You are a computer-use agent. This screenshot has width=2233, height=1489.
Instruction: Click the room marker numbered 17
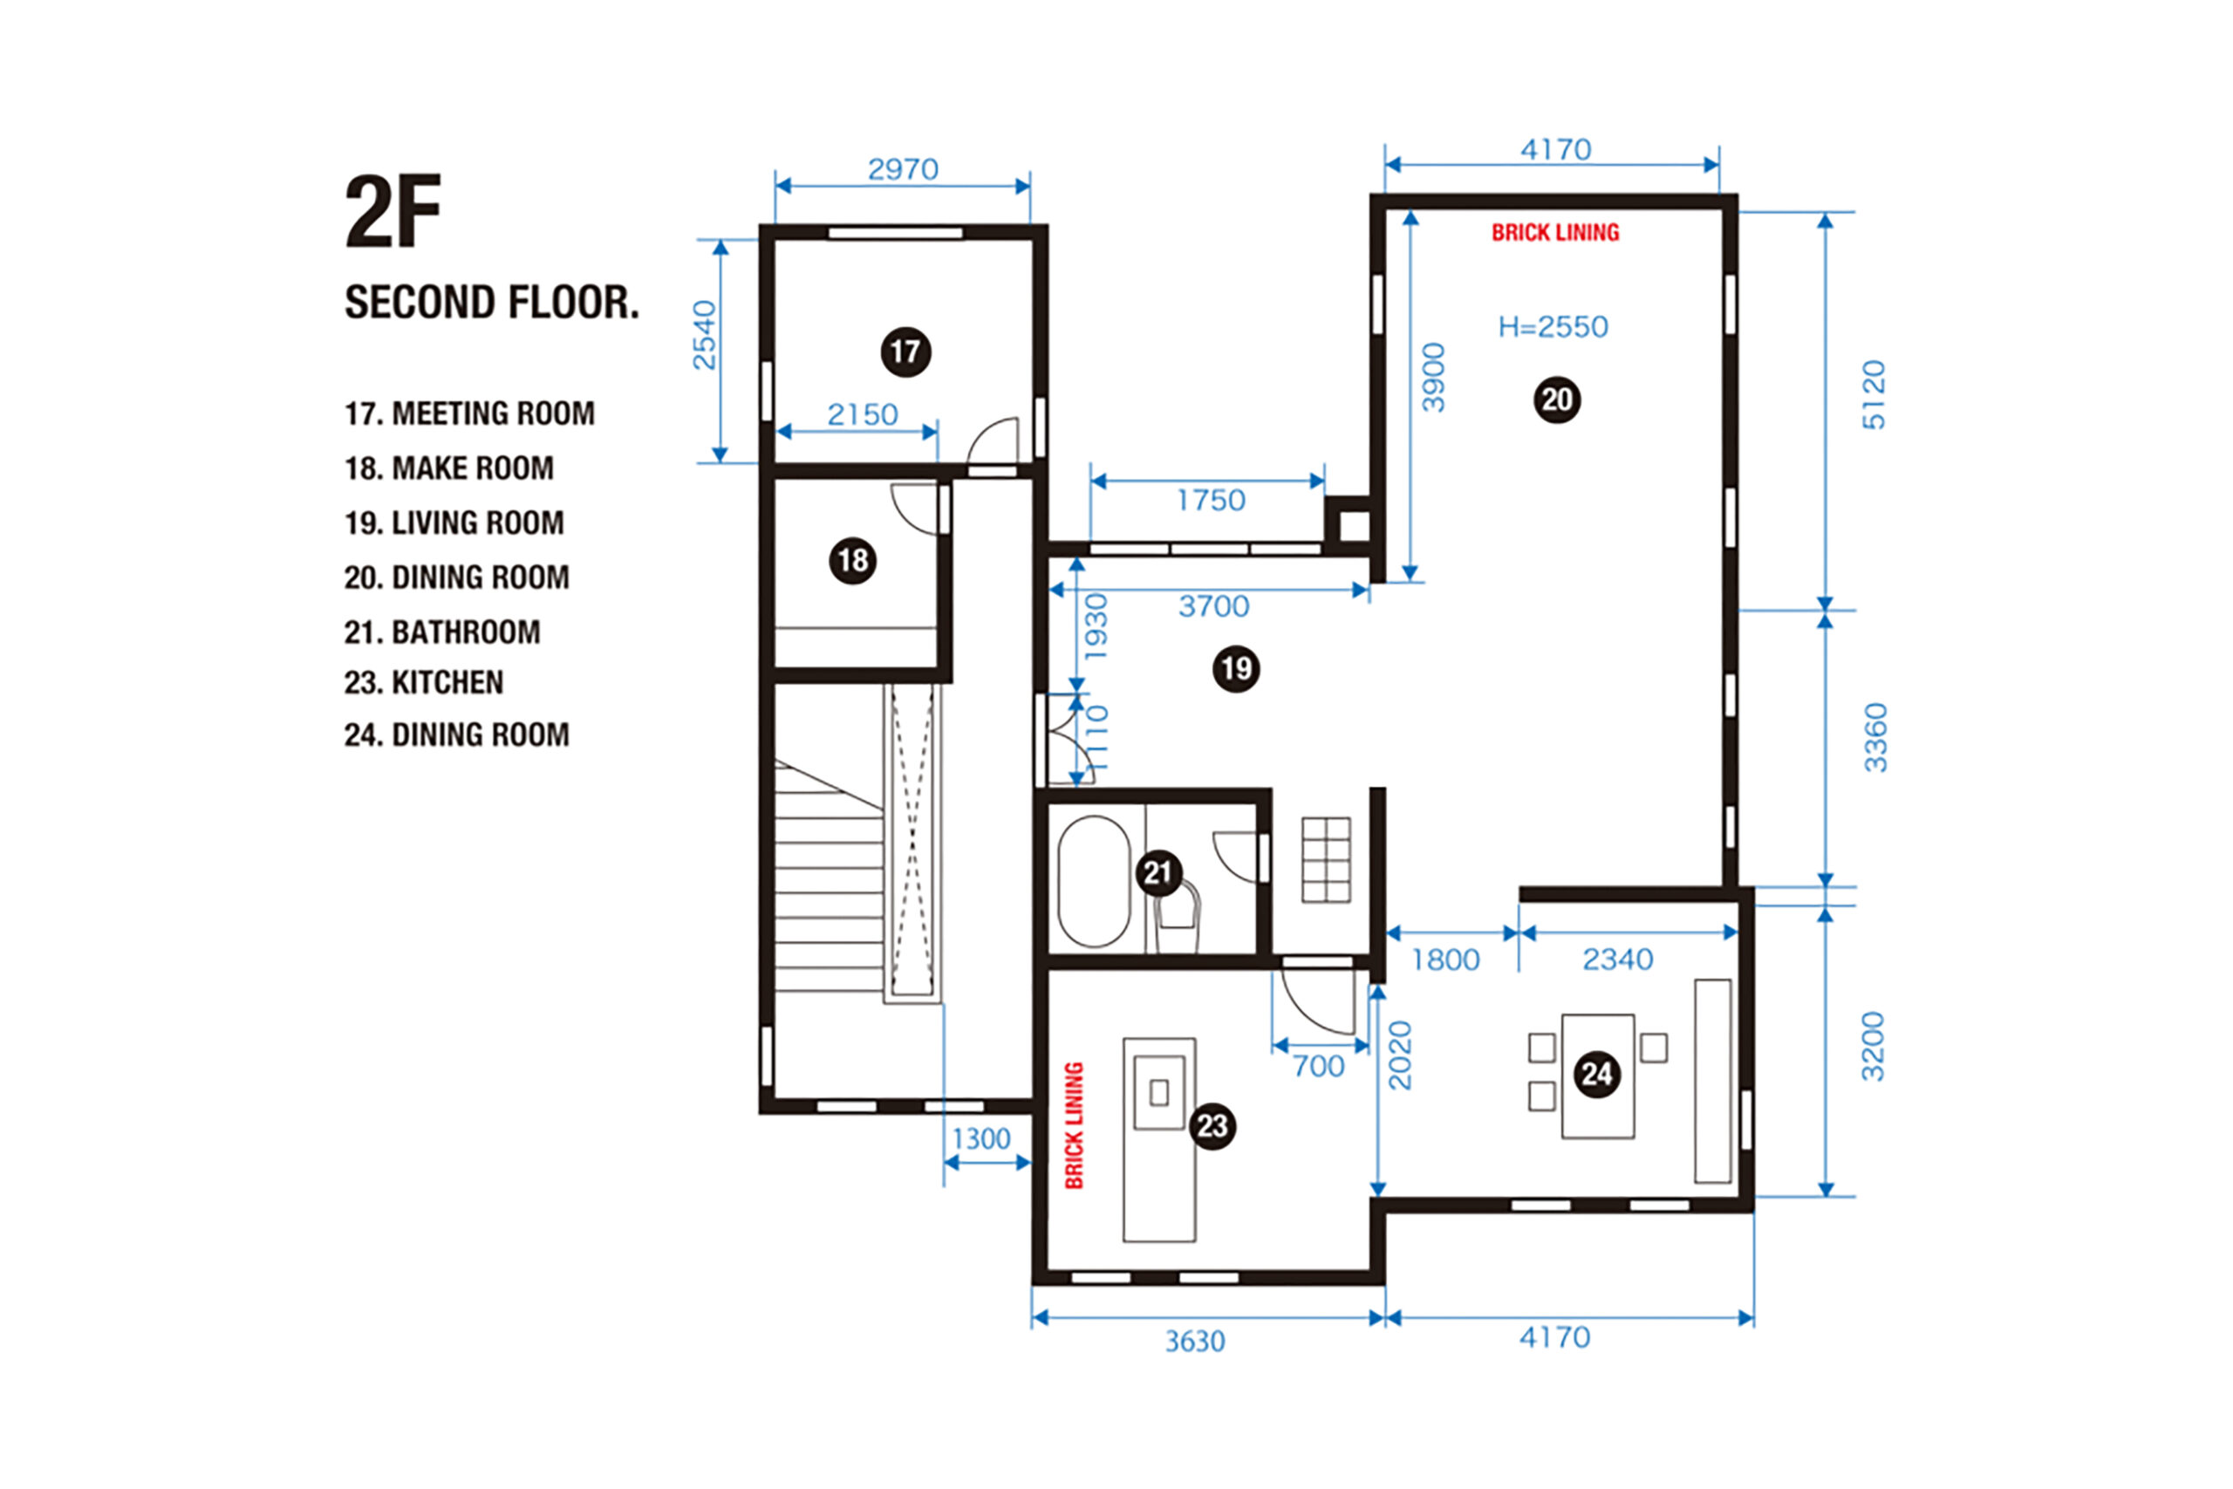pyautogui.click(x=905, y=352)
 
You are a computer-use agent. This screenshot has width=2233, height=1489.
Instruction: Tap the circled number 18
pyautogui.click(x=852, y=560)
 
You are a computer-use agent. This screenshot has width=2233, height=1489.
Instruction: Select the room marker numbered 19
pyautogui.click(x=1236, y=668)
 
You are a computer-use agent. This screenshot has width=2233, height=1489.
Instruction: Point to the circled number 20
pyautogui.click(x=1557, y=399)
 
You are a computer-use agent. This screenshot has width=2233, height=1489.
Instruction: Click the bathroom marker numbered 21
pyautogui.click(x=1158, y=871)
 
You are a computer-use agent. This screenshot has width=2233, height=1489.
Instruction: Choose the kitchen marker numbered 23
pyautogui.click(x=1212, y=1125)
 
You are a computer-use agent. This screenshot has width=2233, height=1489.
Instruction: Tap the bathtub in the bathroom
pyautogui.click(x=1094, y=881)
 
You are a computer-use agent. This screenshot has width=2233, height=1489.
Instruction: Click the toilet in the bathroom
pyautogui.click(x=1178, y=917)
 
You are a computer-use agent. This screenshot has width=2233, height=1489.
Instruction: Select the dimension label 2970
pyautogui.click(x=903, y=169)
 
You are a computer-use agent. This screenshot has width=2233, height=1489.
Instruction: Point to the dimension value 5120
pyautogui.click(x=1873, y=395)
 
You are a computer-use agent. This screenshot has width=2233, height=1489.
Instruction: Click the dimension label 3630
pyautogui.click(x=1195, y=1342)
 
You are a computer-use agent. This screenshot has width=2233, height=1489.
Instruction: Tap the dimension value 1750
pyautogui.click(x=1211, y=501)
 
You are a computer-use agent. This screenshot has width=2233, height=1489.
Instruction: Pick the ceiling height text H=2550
pyautogui.click(x=1554, y=326)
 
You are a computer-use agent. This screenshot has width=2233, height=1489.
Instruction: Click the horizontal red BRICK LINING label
pyautogui.click(x=1555, y=233)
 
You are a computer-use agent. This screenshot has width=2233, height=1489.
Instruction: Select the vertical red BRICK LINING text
pyautogui.click(x=1074, y=1125)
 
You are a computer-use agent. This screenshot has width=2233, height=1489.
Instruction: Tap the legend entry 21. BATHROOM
pyautogui.click(x=442, y=632)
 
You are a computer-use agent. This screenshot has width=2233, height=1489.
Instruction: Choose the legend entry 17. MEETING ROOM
pyautogui.click(x=470, y=413)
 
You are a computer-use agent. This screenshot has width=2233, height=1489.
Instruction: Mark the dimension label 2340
pyautogui.click(x=1618, y=960)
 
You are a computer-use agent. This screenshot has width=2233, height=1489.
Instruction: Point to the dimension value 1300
pyautogui.click(x=981, y=1138)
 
